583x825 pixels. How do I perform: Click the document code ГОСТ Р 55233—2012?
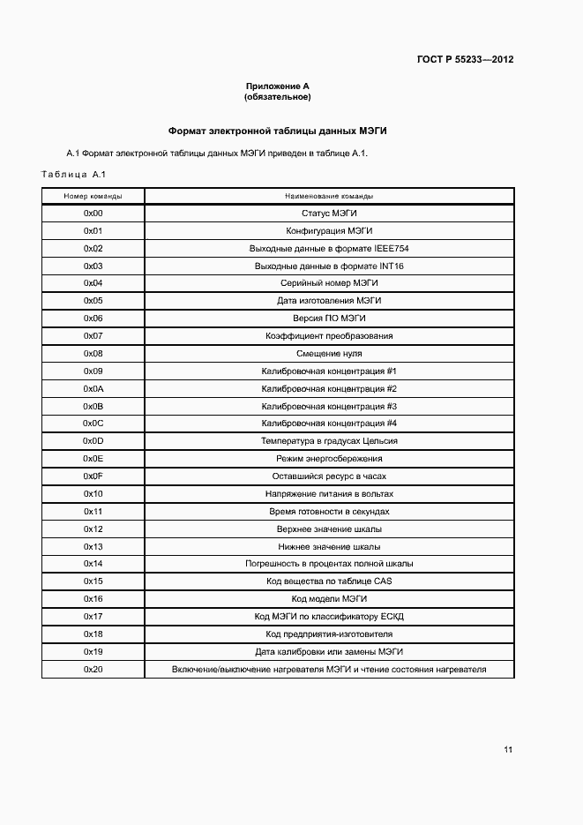[465, 60]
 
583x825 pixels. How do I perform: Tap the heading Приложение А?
[278, 86]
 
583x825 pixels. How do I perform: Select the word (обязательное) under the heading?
[278, 97]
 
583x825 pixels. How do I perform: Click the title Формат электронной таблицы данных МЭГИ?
[278, 131]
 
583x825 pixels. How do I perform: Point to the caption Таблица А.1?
[73, 173]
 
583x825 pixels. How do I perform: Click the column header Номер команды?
[93, 196]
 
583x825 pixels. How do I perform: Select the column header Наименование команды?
[329, 196]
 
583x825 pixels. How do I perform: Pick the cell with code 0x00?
[93, 214]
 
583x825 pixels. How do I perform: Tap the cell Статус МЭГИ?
[329, 214]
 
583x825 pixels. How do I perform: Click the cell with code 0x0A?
[93, 389]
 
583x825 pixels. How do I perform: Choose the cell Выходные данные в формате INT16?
[329, 266]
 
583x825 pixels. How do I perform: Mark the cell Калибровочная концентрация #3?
[329, 407]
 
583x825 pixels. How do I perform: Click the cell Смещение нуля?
[329, 354]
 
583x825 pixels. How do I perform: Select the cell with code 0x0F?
[93, 476]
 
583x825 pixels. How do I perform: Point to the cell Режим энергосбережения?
[329, 459]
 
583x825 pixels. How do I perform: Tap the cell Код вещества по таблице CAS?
[329, 581]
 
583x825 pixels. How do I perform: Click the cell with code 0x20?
[93, 670]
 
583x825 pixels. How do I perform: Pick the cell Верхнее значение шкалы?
[329, 529]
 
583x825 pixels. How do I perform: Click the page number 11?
[508, 750]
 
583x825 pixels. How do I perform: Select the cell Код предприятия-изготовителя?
[329, 634]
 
